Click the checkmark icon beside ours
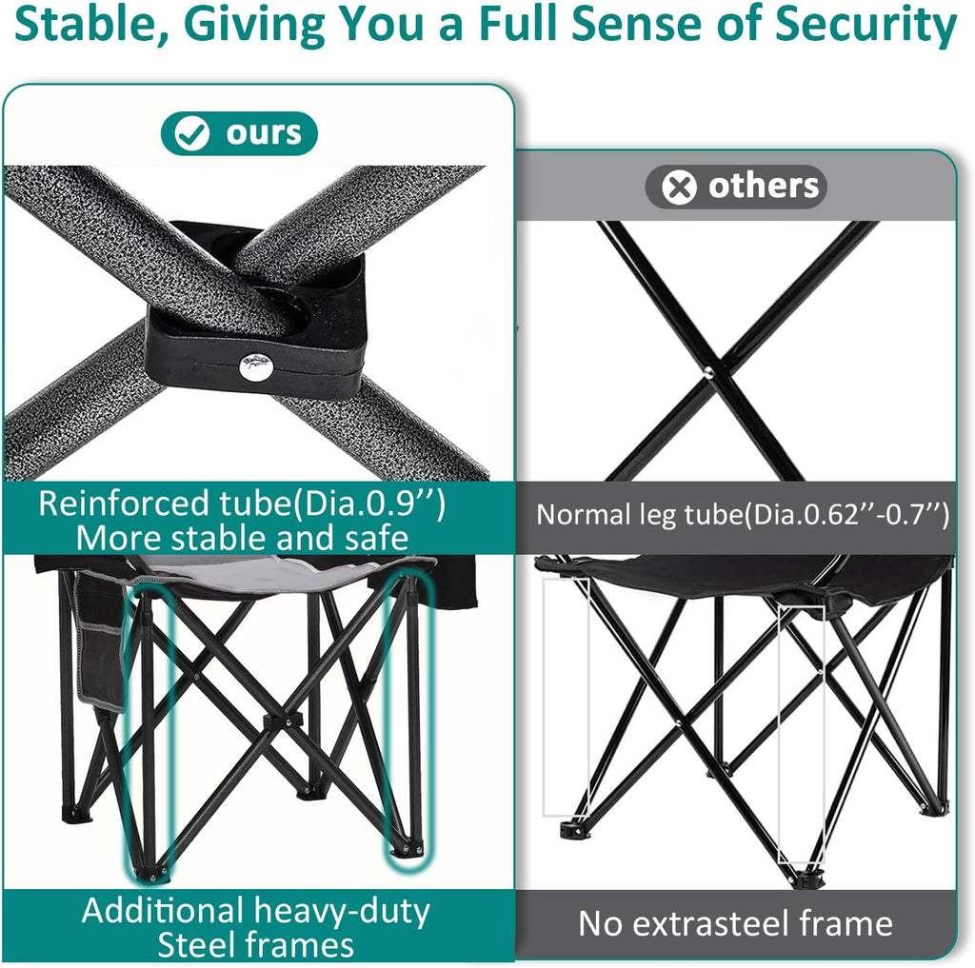(x=193, y=135)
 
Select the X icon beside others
(x=679, y=188)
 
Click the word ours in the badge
(x=264, y=134)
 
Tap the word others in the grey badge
(x=763, y=187)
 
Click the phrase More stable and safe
(x=242, y=538)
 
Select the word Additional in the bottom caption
(x=166, y=910)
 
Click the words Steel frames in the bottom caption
(x=255, y=944)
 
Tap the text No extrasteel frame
(x=735, y=923)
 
